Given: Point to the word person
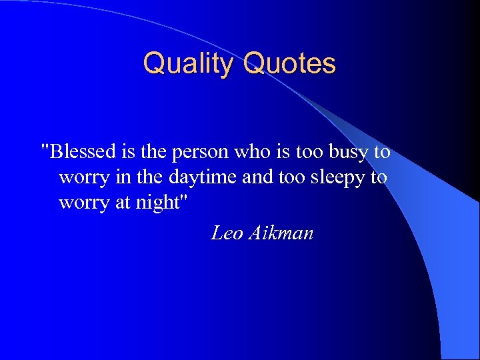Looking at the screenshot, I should click(x=199, y=152).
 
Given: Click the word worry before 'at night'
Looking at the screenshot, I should click(x=81, y=203).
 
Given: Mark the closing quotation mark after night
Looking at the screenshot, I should click(x=193, y=199).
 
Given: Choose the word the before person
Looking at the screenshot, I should click(x=154, y=151).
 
